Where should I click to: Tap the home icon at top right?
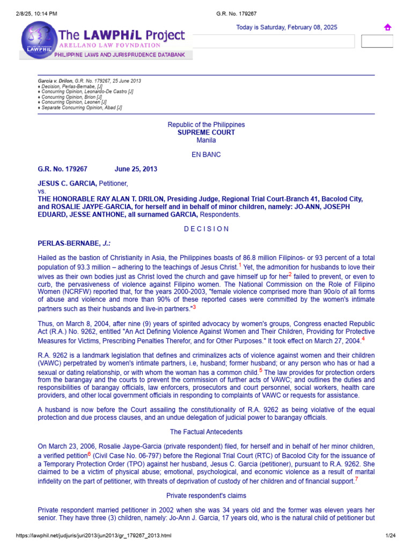387,27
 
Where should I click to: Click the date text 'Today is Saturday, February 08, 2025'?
286,27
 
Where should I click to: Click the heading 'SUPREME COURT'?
206,132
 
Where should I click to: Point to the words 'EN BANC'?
206,154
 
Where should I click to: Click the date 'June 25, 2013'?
136,169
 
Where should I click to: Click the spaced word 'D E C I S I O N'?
206,229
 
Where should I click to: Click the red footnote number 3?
194,307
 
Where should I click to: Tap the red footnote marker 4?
363,338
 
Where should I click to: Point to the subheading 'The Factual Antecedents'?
206,432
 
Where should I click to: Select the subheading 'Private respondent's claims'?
206,495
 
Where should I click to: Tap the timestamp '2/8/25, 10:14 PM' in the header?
34,5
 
